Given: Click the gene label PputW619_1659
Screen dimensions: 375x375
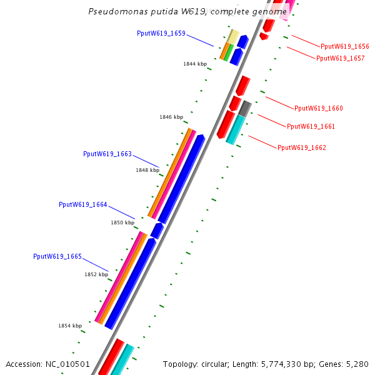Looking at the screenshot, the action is click(161, 34).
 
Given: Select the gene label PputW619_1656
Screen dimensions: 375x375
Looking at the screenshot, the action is click(344, 46).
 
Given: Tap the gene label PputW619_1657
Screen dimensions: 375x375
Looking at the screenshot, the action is click(340, 58).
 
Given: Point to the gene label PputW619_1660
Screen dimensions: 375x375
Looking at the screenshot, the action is click(318, 108).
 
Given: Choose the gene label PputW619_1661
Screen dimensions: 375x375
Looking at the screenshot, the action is click(311, 126).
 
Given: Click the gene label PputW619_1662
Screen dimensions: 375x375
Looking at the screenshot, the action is click(301, 147).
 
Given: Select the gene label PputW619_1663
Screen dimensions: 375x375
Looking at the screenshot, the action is click(107, 154).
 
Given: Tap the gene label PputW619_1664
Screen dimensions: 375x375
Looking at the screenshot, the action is click(82, 204).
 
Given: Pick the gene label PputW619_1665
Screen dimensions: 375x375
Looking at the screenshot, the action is click(57, 256).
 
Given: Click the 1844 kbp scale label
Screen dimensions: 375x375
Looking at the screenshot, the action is click(195, 64).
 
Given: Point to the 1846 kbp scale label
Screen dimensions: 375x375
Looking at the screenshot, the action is click(171, 117).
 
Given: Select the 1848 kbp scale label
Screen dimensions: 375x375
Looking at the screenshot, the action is click(147, 169).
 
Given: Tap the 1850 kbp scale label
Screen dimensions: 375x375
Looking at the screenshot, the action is click(122, 222).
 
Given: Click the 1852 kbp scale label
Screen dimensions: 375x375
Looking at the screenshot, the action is click(96, 274).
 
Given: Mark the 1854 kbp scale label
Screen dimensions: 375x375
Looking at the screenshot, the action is click(70, 326).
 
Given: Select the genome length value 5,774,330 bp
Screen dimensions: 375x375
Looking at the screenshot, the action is click(285, 364).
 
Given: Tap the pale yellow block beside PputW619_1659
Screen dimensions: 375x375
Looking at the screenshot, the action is click(232, 37).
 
